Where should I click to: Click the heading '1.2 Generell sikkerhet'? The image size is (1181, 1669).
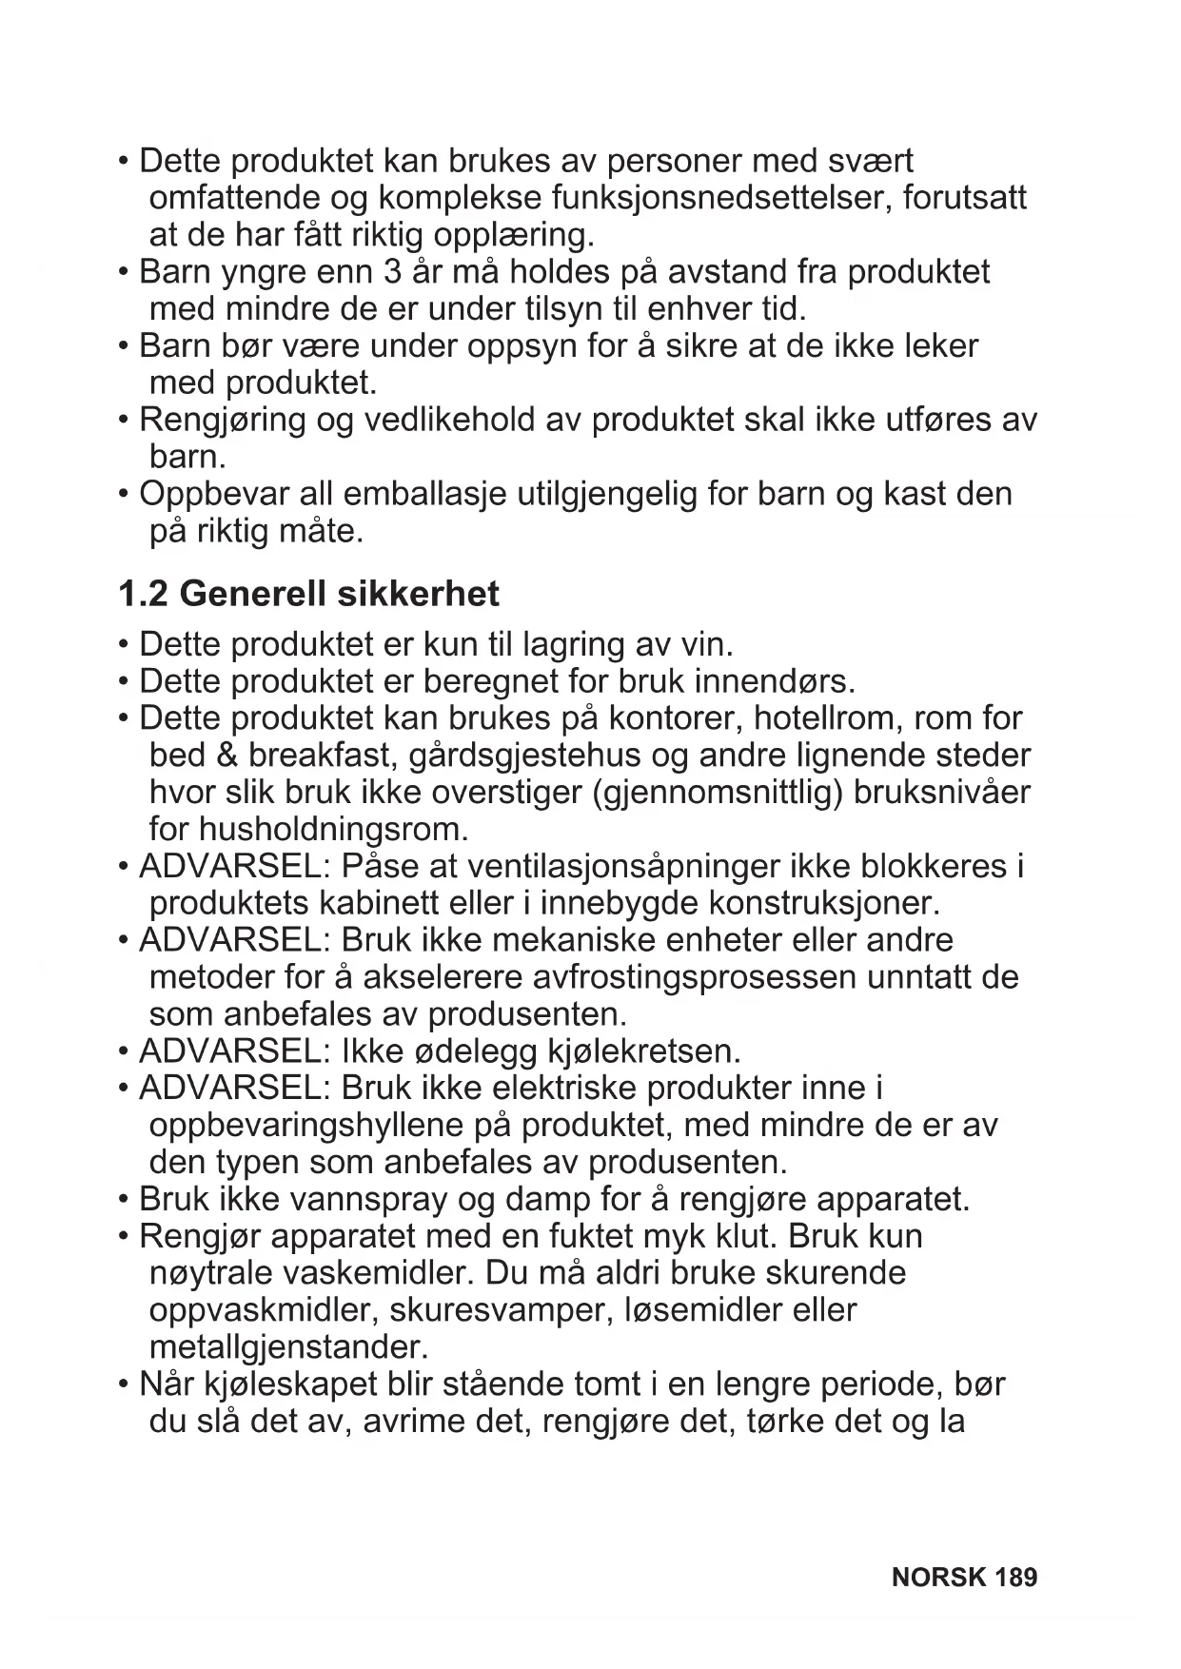point(308,594)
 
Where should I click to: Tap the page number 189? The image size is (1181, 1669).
point(1015,1578)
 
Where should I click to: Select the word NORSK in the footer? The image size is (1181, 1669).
point(939,1578)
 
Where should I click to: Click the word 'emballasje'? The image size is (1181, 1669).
point(424,495)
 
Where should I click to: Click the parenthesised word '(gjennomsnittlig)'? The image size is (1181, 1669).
point(718,794)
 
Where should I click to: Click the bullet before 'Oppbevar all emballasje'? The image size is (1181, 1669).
point(124,495)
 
